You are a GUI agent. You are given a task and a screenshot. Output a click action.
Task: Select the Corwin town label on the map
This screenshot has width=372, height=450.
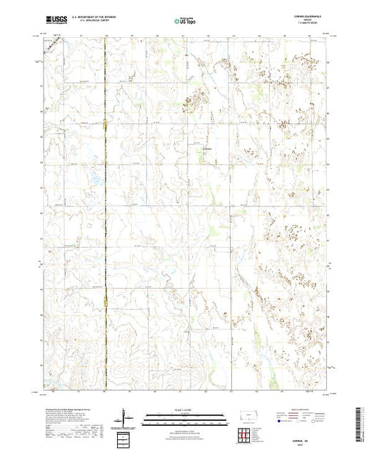pos(206,149)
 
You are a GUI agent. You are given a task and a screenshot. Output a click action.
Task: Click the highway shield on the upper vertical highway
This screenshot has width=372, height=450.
pos(105,127)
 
